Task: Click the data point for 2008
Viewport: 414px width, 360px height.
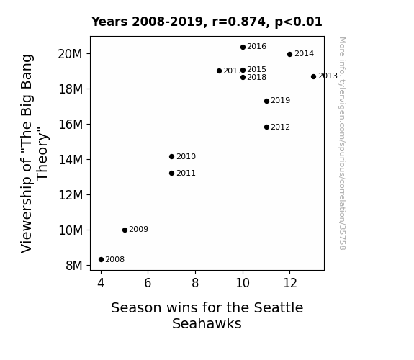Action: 101,260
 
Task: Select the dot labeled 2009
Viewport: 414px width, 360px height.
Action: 125,230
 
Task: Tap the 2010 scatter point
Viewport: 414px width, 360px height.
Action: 171,157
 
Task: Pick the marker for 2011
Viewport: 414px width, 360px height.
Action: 171,174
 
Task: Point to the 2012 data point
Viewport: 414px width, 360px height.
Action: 266,127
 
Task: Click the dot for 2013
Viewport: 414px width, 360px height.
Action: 313,76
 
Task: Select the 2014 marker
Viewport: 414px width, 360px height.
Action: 289,55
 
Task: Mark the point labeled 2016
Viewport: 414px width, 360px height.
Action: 243,47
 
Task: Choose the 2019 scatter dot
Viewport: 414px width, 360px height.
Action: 266,101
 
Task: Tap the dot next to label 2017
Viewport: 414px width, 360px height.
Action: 219,71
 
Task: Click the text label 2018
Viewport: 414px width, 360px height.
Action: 256,77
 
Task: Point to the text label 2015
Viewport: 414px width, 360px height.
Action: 256,69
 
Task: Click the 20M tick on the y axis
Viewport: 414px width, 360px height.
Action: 71,54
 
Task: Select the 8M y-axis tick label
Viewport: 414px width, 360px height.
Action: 74,266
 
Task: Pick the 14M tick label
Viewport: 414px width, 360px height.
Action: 71,160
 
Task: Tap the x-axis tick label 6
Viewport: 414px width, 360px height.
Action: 148,283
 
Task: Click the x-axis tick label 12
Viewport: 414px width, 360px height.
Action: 290,283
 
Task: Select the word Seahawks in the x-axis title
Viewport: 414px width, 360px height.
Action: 207,323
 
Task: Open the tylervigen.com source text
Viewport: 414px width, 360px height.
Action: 342,143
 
